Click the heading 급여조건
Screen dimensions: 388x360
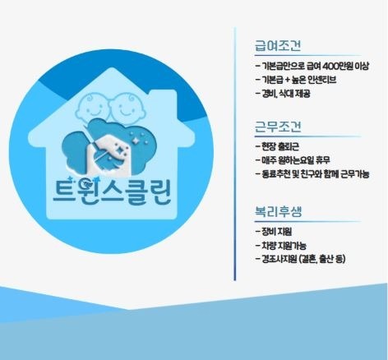coord(278,46)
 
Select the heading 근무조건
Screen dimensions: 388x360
coord(278,127)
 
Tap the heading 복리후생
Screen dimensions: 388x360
coord(278,211)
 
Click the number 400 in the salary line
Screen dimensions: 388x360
coord(331,66)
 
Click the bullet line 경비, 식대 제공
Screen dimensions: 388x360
coord(283,94)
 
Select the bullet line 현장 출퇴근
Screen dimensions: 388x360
coord(277,146)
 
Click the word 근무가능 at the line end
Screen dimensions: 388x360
coord(355,174)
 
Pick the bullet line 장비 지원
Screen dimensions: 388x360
coord(274,231)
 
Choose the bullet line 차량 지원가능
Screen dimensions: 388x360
coord(281,245)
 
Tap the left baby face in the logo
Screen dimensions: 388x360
coord(92,105)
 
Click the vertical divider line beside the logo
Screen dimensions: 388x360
coord(235,154)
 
